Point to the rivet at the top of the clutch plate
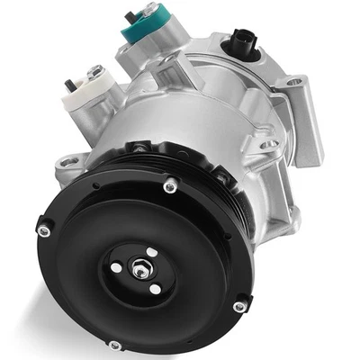(x=168, y=188)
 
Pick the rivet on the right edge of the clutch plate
(x=238, y=307)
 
